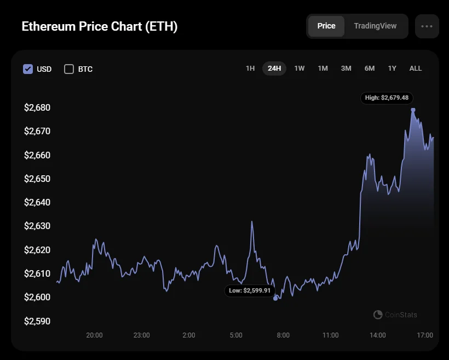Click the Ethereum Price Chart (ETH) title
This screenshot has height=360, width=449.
coord(99,26)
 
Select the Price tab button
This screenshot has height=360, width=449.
coord(326,26)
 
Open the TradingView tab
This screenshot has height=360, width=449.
coord(375,26)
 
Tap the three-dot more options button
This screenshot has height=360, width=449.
coord(427,26)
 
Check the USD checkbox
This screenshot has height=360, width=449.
coord(28,69)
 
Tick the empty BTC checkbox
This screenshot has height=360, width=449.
coord(69,69)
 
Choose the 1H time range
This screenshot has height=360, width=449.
coord(250,68)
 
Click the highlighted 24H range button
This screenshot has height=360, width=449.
coord(274,68)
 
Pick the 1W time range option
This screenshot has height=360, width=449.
coord(299,68)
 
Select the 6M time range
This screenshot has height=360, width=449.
coord(370,68)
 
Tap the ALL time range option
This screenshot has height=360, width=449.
coord(416,68)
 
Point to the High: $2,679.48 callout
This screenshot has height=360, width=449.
coord(387,98)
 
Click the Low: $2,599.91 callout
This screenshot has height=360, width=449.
coord(250,290)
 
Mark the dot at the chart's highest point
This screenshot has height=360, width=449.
coord(413,110)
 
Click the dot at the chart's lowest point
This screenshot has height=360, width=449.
coord(275,299)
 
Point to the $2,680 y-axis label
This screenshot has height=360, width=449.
coord(37,107)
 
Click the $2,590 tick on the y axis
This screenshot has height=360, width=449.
coord(37,321)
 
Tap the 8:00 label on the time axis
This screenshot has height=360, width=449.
coord(283,335)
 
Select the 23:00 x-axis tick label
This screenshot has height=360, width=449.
coord(141,335)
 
